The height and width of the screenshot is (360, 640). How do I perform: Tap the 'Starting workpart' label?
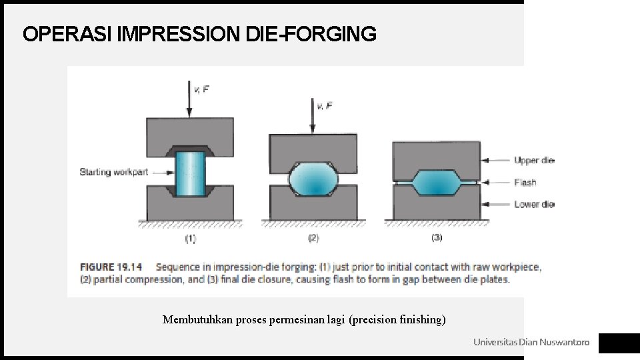click(x=114, y=172)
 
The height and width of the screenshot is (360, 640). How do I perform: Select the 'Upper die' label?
click(x=534, y=160)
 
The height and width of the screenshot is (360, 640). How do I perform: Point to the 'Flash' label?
click(x=525, y=182)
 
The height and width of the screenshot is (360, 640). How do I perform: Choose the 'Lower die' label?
click(x=534, y=204)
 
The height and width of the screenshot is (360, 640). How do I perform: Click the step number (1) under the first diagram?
click(x=190, y=238)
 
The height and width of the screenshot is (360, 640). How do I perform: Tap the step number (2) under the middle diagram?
click(x=313, y=238)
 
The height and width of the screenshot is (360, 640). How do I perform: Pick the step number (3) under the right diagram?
click(x=437, y=237)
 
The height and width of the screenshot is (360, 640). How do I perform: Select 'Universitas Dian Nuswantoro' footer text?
click(x=531, y=342)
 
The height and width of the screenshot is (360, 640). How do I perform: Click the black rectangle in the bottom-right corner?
click(x=619, y=343)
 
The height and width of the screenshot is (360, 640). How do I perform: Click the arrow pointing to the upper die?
click(x=495, y=160)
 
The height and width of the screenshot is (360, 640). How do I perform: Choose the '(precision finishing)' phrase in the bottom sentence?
click(x=397, y=320)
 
